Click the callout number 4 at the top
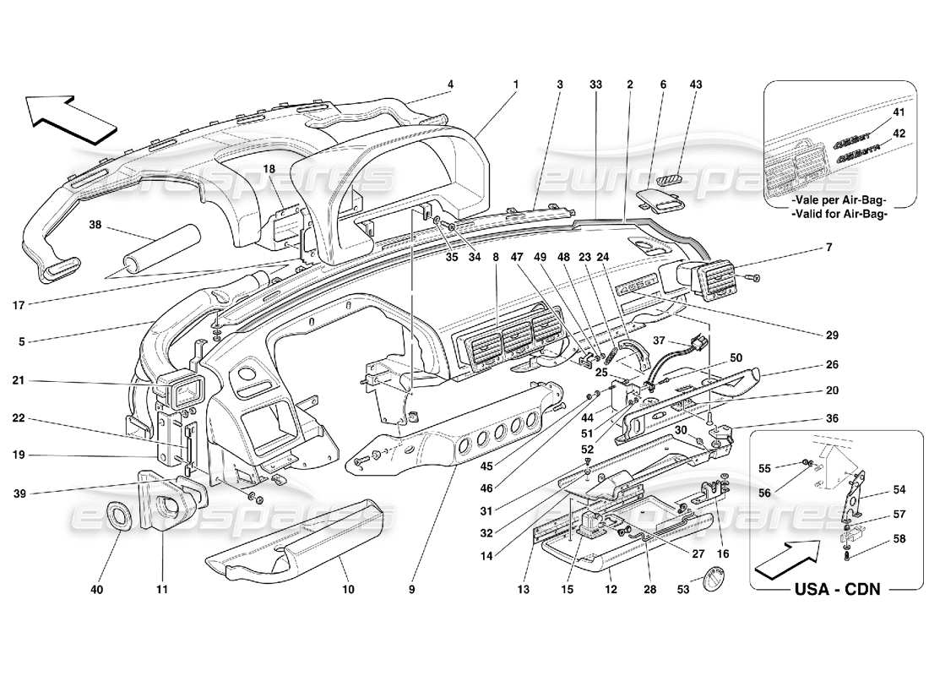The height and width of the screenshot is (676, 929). coord(450,84)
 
